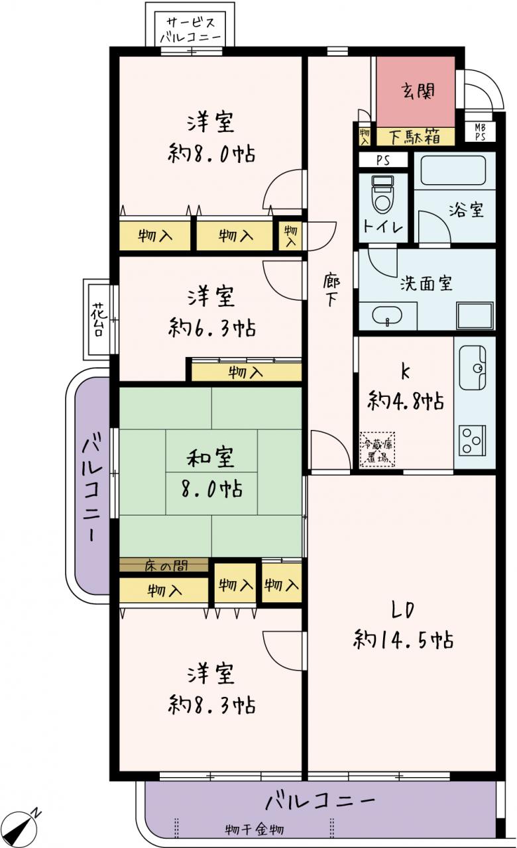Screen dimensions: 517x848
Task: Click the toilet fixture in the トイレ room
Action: tap(384, 195)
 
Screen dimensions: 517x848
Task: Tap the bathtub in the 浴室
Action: tap(453, 171)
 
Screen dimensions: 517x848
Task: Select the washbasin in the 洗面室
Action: tap(387, 315)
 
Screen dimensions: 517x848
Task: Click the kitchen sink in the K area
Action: tap(473, 368)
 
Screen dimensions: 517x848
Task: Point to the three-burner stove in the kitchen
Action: tap(473, 441)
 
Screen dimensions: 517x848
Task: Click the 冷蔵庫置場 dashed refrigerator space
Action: tap(377, 449)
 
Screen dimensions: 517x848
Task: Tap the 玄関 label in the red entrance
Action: tap(418, 91)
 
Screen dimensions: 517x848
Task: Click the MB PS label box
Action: tap(480, 131)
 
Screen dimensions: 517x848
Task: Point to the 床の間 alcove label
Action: tap(166, 566)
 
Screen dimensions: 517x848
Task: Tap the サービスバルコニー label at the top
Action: tap(190, 30)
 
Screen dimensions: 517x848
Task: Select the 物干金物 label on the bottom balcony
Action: tap(254, 830)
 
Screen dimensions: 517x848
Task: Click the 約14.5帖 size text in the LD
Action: tap(403, 640)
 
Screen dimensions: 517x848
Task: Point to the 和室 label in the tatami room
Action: tap(210, 458)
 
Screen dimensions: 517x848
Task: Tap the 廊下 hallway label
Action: tap(331, 290)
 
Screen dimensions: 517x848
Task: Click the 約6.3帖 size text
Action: tap(211, 328)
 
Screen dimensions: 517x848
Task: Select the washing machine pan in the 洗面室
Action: tap(475, 315)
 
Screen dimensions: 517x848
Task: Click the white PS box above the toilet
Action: tap(383, 160)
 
